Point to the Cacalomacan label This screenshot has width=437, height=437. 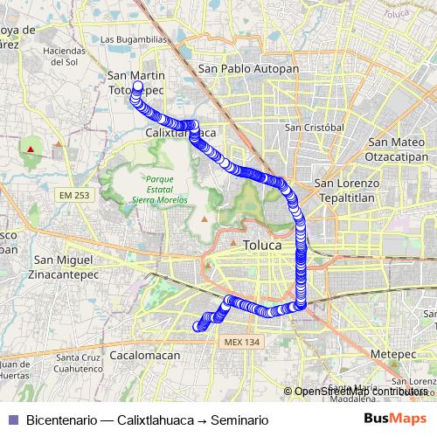coord(146,356)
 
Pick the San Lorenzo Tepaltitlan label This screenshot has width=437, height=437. coord(347,191)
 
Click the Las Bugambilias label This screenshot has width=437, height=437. coord(133,39)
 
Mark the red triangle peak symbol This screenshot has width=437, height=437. coord(31,149)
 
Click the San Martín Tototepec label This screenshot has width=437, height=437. coord(136,83)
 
